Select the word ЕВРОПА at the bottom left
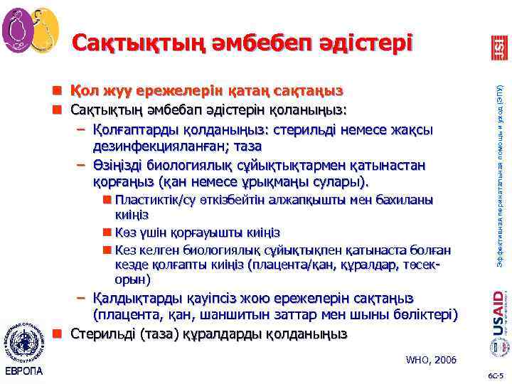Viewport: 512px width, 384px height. pos(24,371)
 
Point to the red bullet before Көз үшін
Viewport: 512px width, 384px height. pos(106,233)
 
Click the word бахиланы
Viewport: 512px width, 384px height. pos(405,200)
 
